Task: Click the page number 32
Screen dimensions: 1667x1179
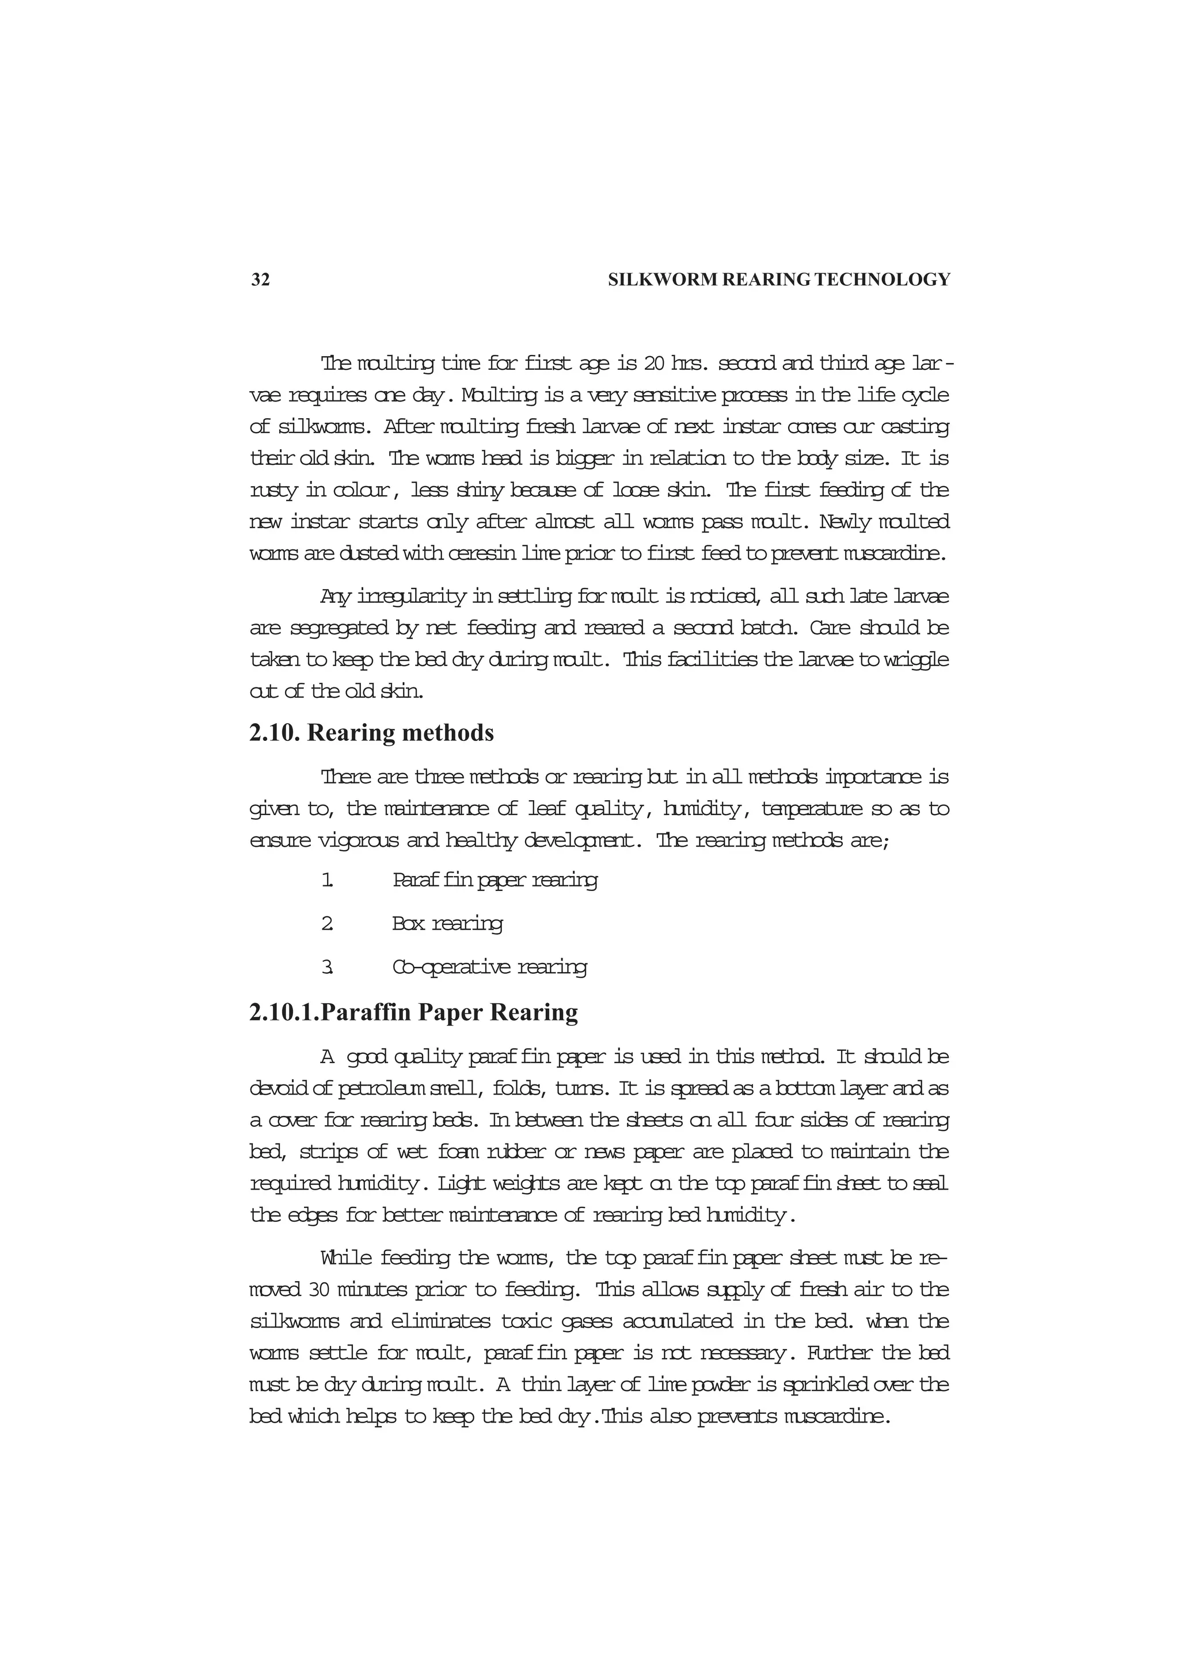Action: click(x=260, y=280)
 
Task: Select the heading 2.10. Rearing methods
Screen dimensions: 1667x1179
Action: click(x=371, y=733)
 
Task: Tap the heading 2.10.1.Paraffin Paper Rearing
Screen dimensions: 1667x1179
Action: click(x=413, y=1012)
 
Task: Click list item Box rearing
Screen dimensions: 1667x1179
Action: click(x=447, y=924)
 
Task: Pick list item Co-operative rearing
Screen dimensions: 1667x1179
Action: click(x=489, y=967)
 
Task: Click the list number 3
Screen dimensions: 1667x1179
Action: click(x=328, y=967)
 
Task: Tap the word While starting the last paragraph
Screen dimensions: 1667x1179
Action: click(x=345, y=1257)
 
